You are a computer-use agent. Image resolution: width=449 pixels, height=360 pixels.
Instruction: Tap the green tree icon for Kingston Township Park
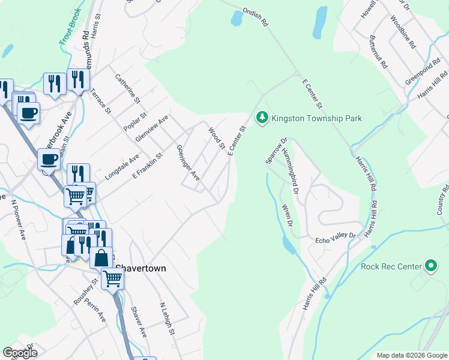click(x=262, y=118)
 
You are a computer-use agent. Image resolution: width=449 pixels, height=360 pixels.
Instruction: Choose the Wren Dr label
click(x=286, y=215)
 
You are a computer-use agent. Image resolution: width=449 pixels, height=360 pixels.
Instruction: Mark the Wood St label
click(x=216, y=137)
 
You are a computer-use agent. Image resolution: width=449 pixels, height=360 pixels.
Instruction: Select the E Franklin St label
click(x=148, y=167)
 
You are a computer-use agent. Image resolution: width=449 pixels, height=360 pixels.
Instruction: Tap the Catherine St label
click(x=127, y=88)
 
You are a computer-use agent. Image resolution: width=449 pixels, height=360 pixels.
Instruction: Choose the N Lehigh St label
click(x=167, y=318)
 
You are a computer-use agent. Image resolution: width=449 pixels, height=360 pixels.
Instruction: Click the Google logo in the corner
click(x=20, y=353)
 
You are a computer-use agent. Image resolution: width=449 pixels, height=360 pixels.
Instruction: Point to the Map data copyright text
click(x=411, y=355)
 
